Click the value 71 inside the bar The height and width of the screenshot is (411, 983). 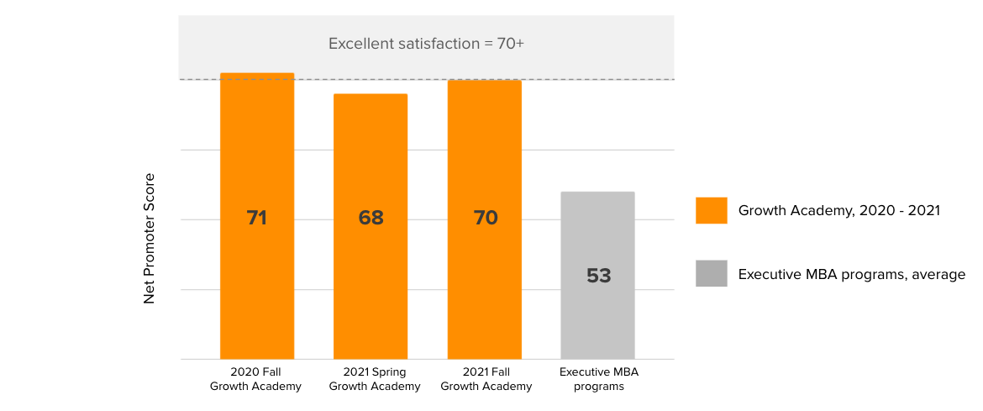(257, 218)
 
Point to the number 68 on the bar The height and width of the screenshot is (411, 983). (371, 218)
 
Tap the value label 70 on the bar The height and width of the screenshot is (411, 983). (486, 218)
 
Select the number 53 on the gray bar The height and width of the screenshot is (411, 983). (598, 276)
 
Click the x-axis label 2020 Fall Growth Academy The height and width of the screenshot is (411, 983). (255, 379)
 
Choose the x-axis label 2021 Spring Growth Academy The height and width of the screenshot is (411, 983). (375, 379)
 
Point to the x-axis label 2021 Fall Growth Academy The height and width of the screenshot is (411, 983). (486, 379)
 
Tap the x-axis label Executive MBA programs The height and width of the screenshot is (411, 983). (599, 379)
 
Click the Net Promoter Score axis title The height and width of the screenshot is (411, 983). (150, 238)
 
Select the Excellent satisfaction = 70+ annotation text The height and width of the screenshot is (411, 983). (426, 44)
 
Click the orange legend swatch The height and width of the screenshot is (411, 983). (711, 210)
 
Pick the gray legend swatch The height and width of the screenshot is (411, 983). (711, 274)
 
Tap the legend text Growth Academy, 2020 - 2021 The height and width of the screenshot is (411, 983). (838, 210)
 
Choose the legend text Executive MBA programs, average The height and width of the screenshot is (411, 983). (851, 274)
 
